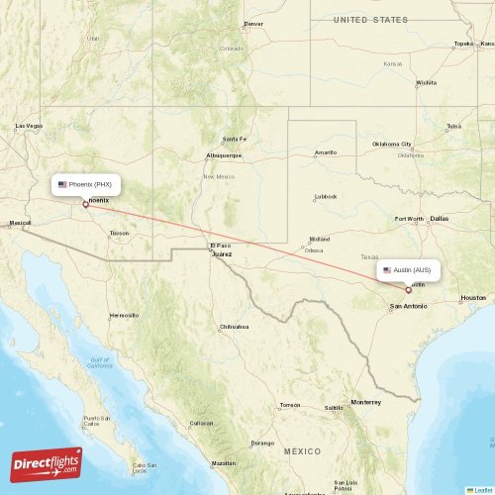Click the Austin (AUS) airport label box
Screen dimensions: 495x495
406,270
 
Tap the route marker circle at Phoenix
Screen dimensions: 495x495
85,204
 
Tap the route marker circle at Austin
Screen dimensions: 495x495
408,290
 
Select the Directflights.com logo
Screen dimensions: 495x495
47,463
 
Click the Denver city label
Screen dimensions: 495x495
254,24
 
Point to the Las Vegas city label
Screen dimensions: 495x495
29,126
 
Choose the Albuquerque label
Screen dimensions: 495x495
223,155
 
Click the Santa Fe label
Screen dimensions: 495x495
234,139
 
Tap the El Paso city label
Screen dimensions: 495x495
219,246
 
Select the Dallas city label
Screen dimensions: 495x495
439,218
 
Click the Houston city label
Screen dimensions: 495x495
473,297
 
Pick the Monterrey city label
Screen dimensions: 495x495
365,402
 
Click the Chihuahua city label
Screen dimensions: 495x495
234,326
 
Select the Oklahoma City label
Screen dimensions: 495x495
392,145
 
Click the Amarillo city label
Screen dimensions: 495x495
325,152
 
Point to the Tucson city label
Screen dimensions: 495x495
119,234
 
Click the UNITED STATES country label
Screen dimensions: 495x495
369,20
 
